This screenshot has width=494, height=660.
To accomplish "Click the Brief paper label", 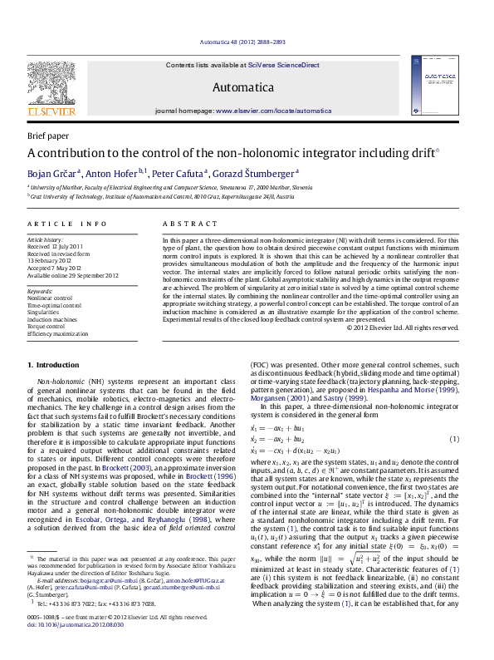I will pyautogui.click(x=48, y=135).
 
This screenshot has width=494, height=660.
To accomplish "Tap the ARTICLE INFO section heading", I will pyautogui.click(x=67, y=224).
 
